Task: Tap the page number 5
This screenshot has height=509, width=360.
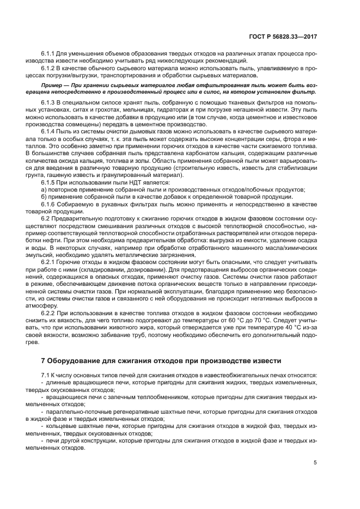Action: pos(315,463)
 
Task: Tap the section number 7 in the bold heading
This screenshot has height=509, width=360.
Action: pos(44,360)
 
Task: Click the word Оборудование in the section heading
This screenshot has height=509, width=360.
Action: pos(74,360)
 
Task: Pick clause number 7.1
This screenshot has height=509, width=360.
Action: pos(46,376)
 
